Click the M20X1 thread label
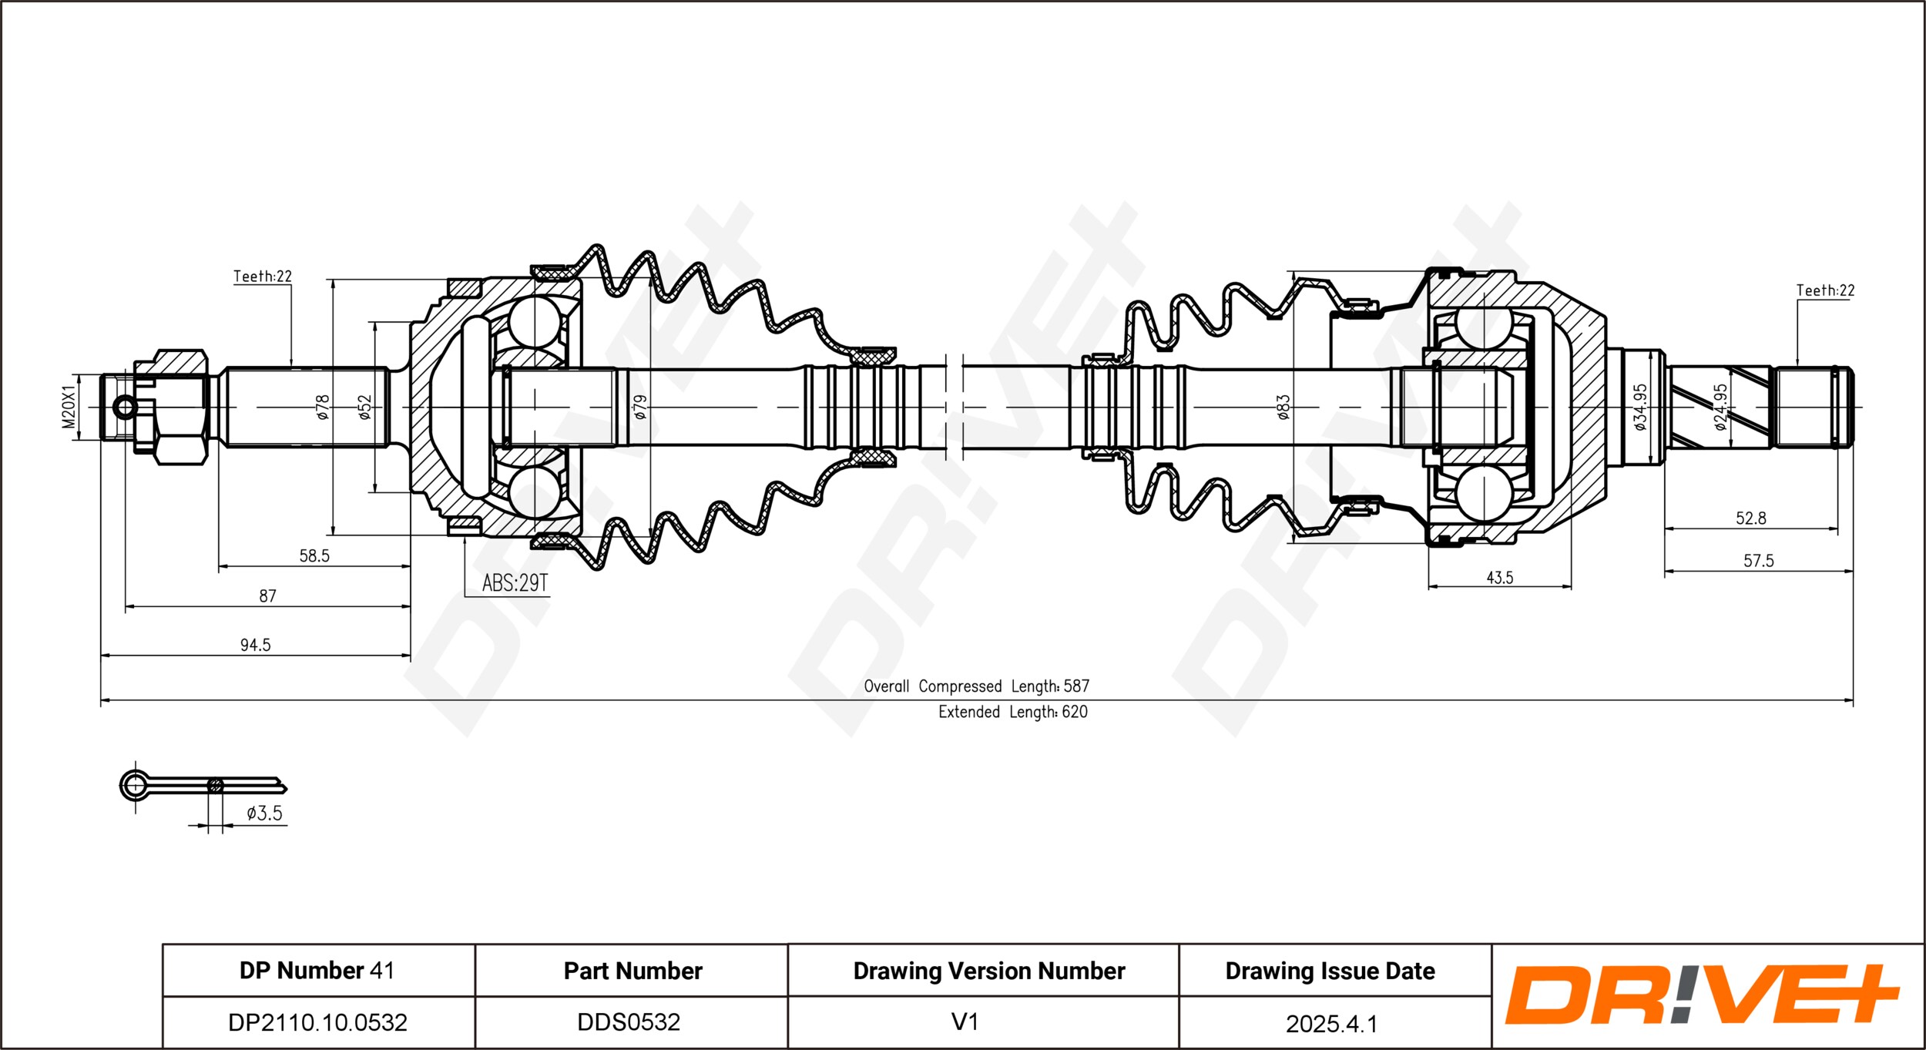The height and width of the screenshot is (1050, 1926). click(69, 408)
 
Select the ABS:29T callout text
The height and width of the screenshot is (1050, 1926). click(515, 583)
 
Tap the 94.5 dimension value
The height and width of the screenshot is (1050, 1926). click(255, 645)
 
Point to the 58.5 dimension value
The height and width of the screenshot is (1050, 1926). click(314, 555)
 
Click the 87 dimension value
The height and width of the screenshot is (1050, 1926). click(267, 596)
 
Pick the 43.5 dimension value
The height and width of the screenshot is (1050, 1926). click(1500, 578)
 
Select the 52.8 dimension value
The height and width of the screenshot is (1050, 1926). click(1751, 518)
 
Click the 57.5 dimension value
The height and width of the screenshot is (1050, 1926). click(1759, 561)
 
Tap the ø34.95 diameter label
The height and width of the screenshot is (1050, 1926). click(1639, 407)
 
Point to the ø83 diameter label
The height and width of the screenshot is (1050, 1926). click(1283, 408)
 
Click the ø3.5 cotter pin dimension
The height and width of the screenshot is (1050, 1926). click(264, 813)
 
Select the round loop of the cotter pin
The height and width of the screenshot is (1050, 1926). click(135, 785)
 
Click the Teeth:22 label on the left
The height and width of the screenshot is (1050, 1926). click(263, 276)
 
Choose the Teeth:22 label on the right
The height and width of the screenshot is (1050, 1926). click(1825, 290)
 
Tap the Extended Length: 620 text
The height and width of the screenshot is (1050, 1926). click(1013, 712)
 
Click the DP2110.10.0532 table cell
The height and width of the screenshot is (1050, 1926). click(317, 1022)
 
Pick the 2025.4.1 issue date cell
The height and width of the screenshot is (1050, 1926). click(1331, 1024)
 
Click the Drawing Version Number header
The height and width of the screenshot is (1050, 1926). click(989, 971)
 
